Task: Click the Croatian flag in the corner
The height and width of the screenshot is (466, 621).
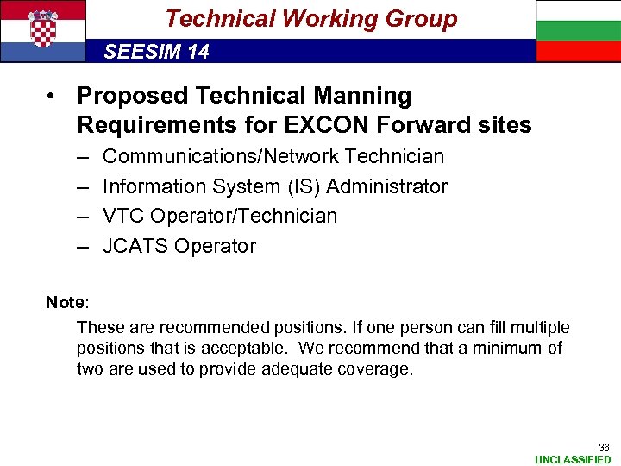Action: pyautogui.click(x=43, y=30)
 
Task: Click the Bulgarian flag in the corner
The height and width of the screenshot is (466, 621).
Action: pyautogui.click(x=578, y=30)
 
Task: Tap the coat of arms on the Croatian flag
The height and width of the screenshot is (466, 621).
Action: pyautogui.click(x=43, y=28)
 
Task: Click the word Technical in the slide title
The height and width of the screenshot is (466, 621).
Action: pyautogui.click(x=217, y=18)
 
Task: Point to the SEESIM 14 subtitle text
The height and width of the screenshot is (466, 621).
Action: pyautogui.click(x=156, y=52)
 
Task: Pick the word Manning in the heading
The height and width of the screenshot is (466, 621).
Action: pyautogui.click(x=363, y=96)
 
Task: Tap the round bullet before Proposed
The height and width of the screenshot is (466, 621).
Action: pyautogui.click(x=53, y=96)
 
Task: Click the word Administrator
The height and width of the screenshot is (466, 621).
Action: pyautogui.click(x=387, y=186)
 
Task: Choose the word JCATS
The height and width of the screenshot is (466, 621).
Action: pyautogui.click(x=135, y=246)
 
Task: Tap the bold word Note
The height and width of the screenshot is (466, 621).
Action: pyautogui.click(x=64, y=302)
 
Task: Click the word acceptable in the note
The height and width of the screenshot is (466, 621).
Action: pyautogui.click(x=254, y=348)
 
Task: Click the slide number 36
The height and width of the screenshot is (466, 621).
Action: pyautogui.click(x=604, y=447)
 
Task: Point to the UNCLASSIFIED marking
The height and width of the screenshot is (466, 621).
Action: pyautogui.click(x=573, y=459)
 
